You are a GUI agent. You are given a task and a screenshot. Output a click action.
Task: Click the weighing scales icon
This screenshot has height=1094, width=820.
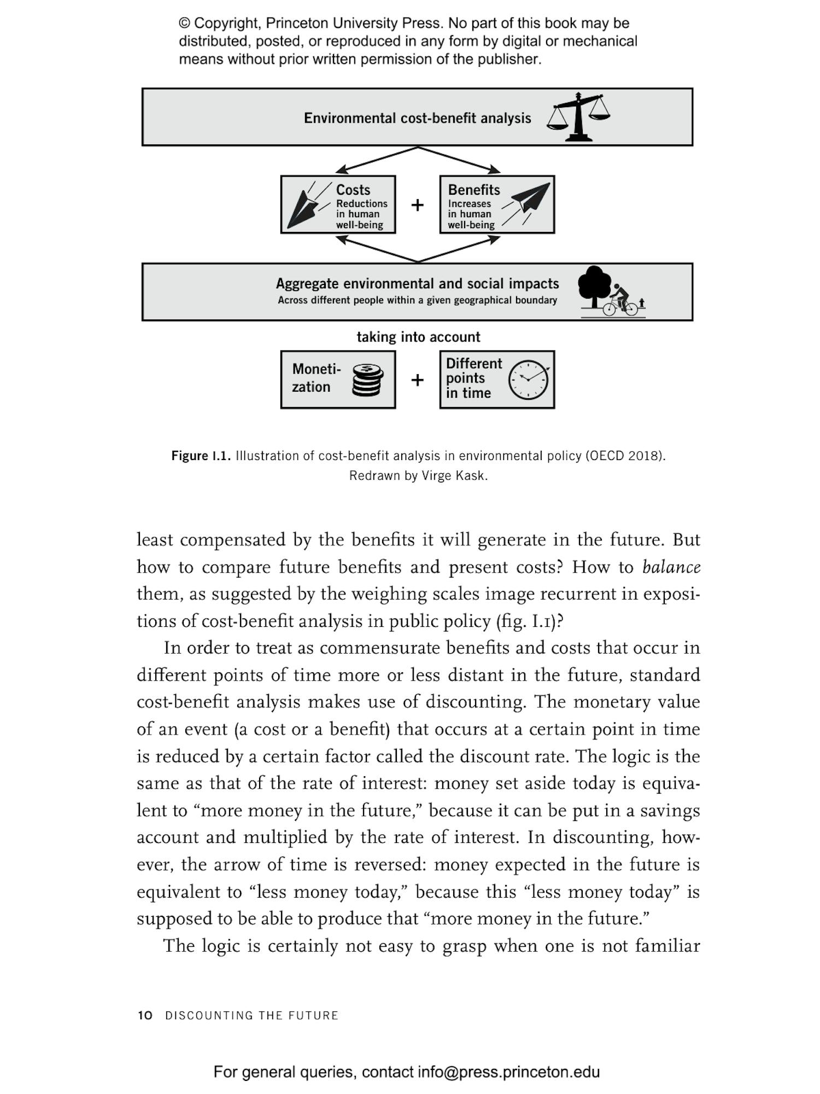click(x=578, y=117)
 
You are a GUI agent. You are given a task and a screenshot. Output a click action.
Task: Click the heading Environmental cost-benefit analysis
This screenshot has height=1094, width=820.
click(x=417, y=118)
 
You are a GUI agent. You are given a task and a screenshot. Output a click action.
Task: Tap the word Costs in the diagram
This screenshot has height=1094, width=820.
click(x=353, y=190)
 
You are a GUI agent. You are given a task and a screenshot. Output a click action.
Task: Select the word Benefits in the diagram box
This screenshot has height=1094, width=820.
click(x=473, y=190)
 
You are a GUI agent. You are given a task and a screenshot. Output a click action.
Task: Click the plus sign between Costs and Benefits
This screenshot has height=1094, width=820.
click(x=417, y=205)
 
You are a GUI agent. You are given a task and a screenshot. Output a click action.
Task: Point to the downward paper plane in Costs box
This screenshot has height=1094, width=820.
click(x=304, y=207)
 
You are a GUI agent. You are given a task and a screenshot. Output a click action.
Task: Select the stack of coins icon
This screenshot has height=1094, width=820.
click(x=367, y=380)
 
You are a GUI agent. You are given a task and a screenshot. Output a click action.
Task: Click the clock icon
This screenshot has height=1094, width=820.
click(x=528, y=380)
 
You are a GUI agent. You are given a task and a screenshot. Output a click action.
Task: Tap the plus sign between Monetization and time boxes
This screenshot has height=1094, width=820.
click(x=417, y=380)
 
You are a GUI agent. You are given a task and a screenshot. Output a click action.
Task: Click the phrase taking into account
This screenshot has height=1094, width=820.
click(x=418, y=337)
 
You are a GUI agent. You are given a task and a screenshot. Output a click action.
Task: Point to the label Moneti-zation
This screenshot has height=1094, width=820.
click(x=315, y=378)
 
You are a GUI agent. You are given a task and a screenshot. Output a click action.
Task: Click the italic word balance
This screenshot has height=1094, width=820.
click(x=671, y=567)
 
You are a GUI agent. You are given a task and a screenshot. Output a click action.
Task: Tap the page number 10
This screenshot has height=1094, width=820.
click(x=145, y=1016)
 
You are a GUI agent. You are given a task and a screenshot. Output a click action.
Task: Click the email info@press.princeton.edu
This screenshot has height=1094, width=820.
click(x=508, y=1072)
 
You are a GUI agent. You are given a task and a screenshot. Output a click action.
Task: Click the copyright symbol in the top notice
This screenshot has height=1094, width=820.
click(x=185, y=24)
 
